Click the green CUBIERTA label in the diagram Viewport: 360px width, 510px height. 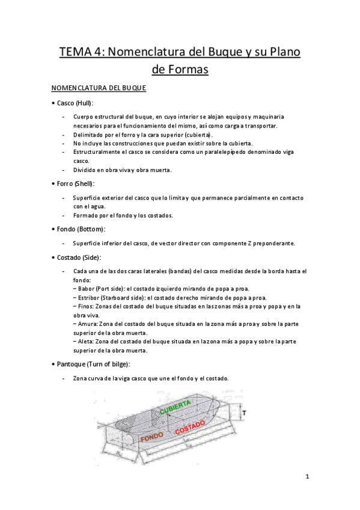coord(175,406)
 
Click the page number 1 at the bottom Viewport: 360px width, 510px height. coord(307,478)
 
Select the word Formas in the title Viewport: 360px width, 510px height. coord(180,70)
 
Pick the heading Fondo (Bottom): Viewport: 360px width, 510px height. coord(80,229)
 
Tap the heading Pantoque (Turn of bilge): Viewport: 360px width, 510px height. coord(93,364)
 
